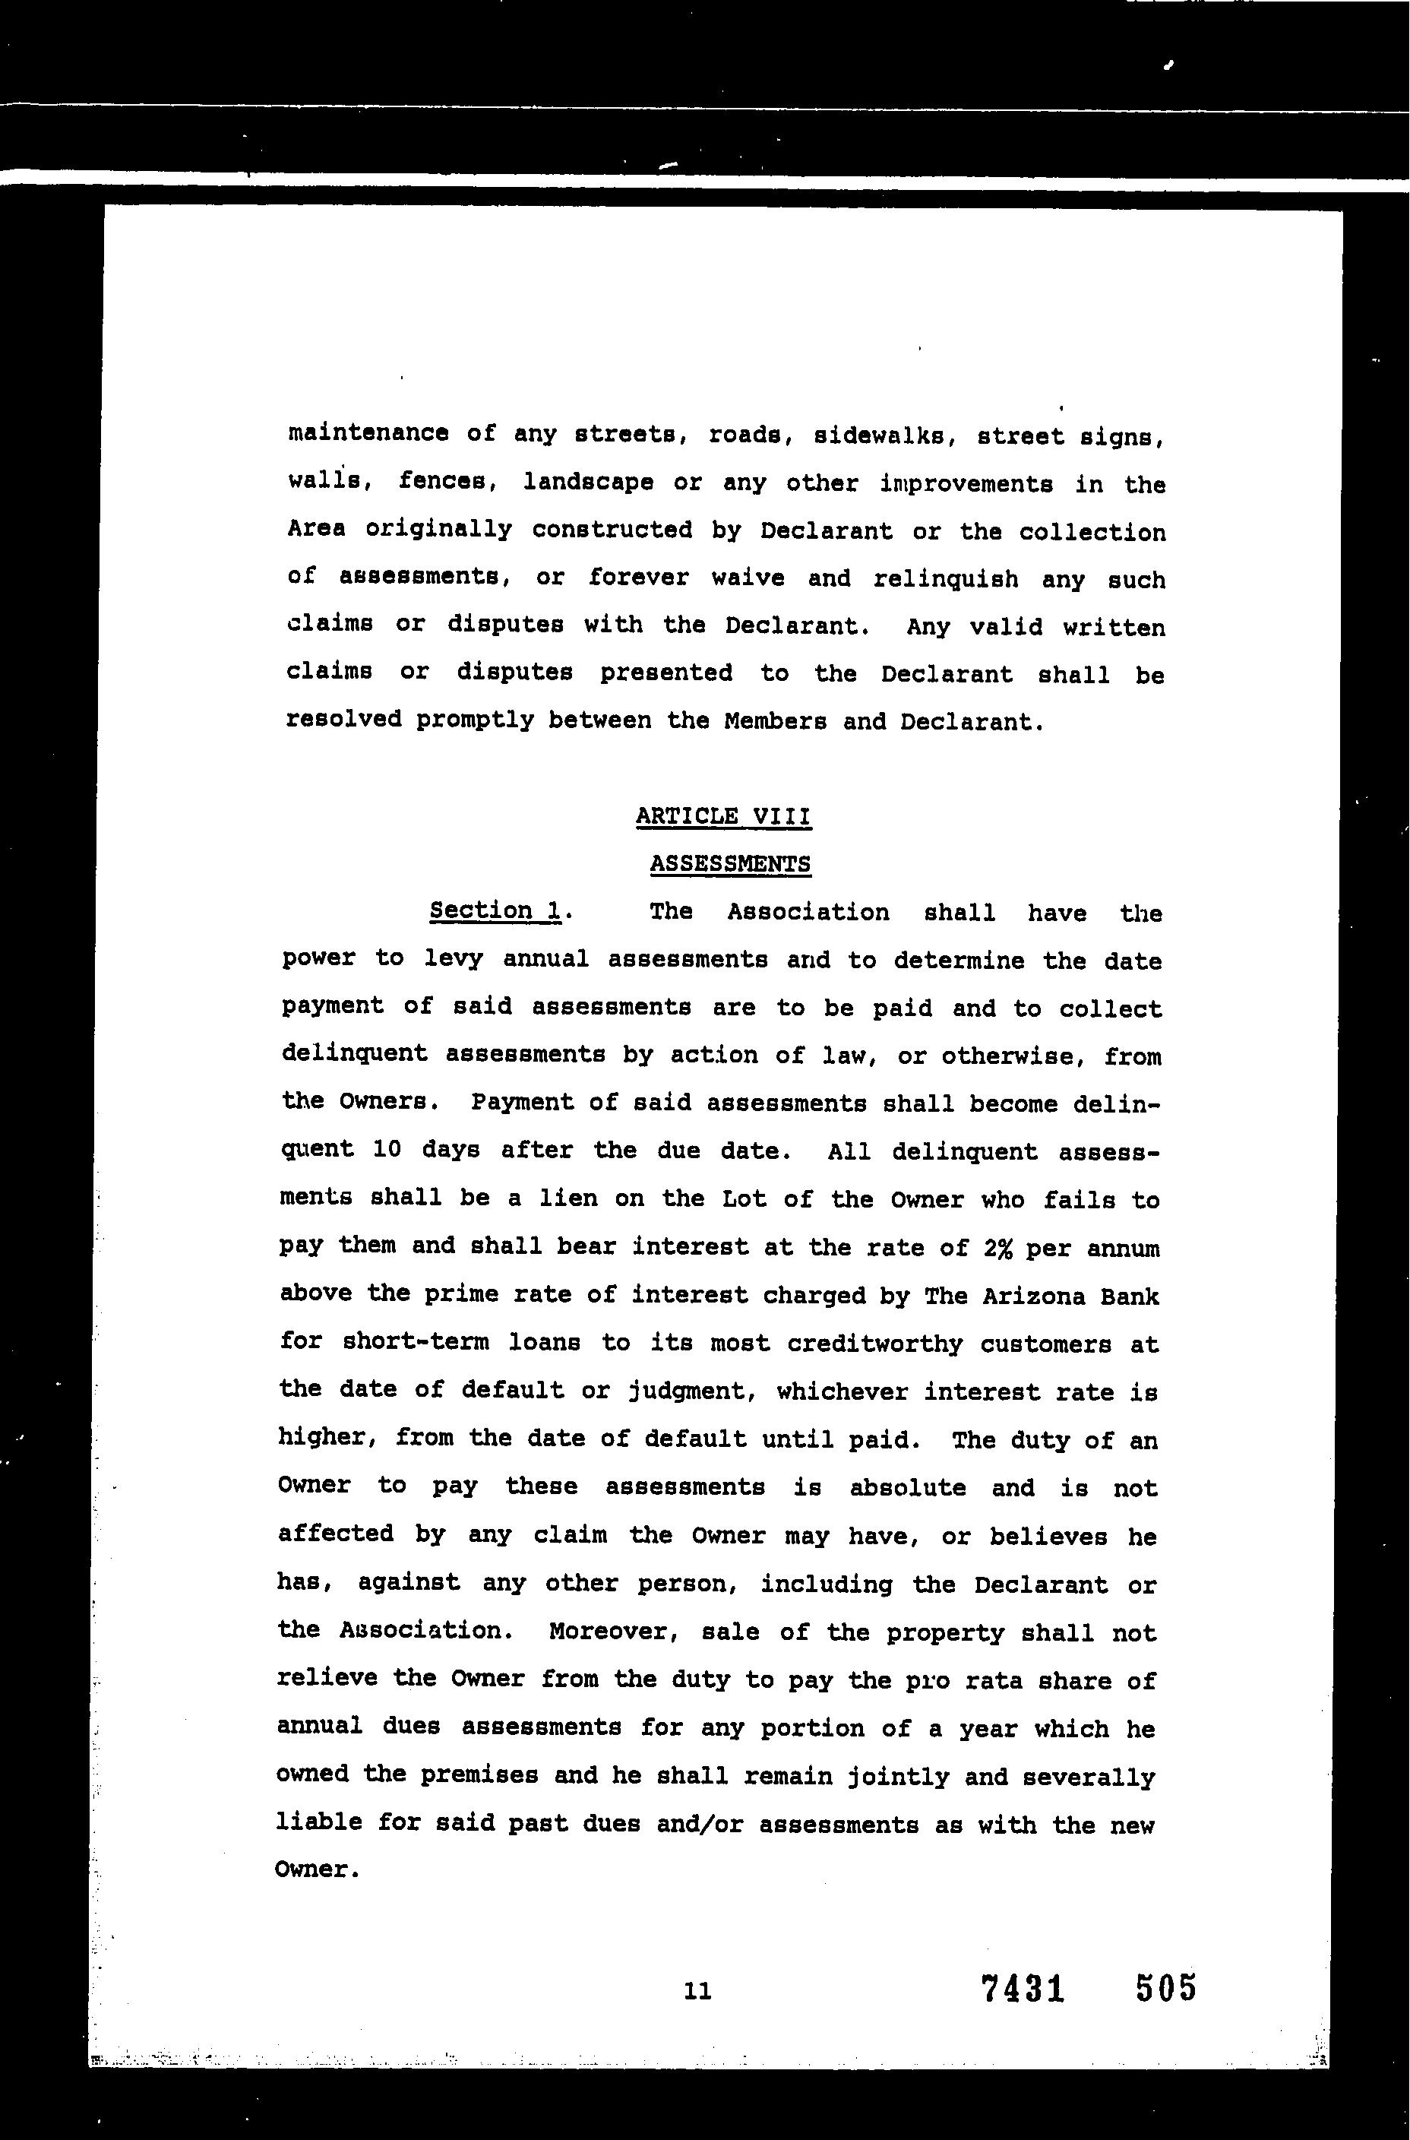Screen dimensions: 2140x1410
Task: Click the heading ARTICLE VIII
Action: [x=723, y=817]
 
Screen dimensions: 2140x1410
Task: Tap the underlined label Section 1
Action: [x=495, y=910]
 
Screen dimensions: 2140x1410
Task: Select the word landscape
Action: [x=588, y=483]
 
